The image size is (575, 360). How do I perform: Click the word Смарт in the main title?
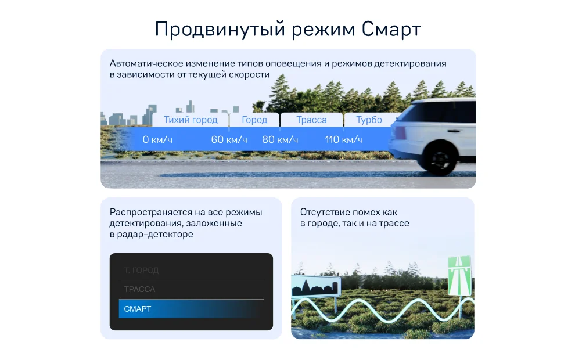(x=391, y=30)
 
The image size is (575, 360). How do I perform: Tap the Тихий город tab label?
(x=191, y=120)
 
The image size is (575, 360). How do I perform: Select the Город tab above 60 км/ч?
(x=254, y=120)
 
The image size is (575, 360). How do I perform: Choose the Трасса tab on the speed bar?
(x=311, y=120)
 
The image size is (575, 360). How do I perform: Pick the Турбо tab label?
(x=369, y=120)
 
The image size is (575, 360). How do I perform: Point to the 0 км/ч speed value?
(x=157, y=140)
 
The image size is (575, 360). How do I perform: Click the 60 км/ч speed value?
(x=229, y=140)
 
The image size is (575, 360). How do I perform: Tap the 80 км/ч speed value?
(x=280, y=140)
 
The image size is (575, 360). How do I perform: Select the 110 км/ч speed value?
(x=344, y=140)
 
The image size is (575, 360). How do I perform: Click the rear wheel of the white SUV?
(x=439, y=158)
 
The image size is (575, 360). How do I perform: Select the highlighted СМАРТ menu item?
(x=191, y=309)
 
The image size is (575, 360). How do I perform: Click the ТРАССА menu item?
(x=139, y=289)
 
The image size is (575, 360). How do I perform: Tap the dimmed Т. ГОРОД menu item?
(x=141, y=271)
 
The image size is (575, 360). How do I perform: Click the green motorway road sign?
(x=459, y=276)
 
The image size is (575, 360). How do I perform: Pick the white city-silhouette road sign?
(x=316, y=287)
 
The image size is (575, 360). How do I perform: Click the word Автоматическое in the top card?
(x=146, y=63)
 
